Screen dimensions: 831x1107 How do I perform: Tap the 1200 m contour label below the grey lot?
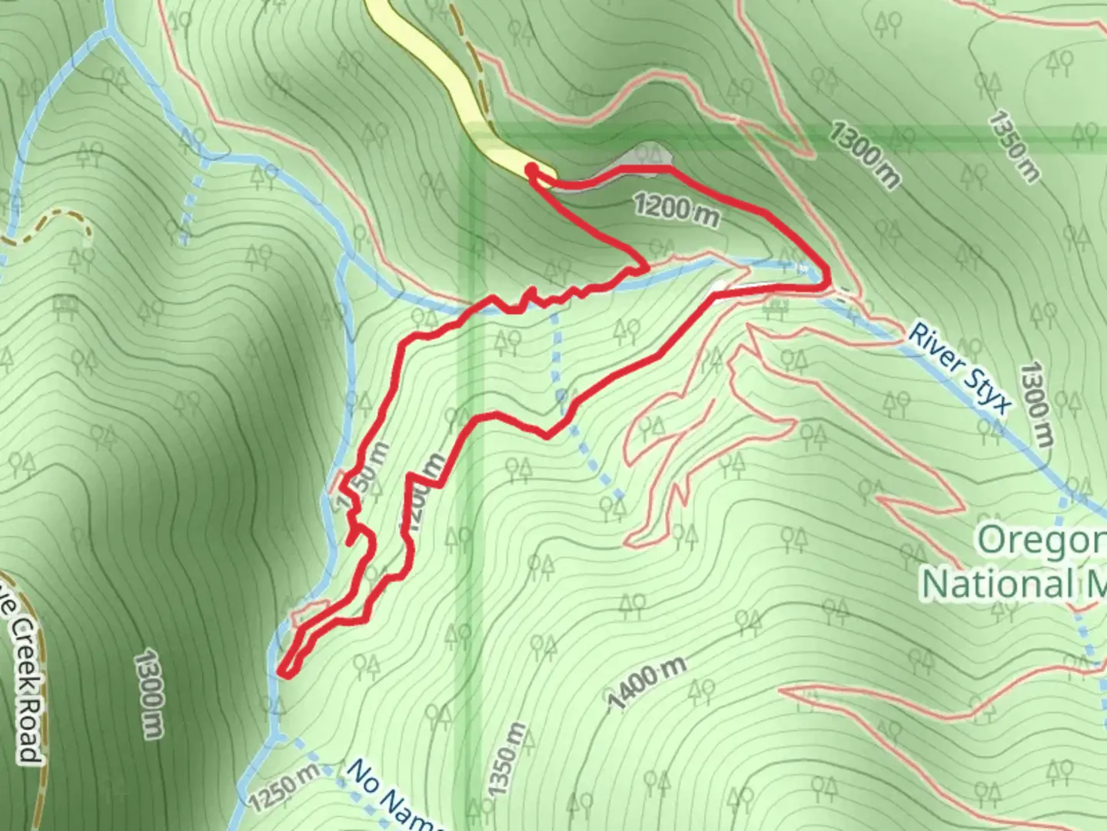676,211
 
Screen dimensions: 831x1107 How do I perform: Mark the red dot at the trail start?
531,168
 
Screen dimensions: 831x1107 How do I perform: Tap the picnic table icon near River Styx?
776,309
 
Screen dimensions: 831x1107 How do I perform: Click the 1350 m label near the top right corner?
1013,146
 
